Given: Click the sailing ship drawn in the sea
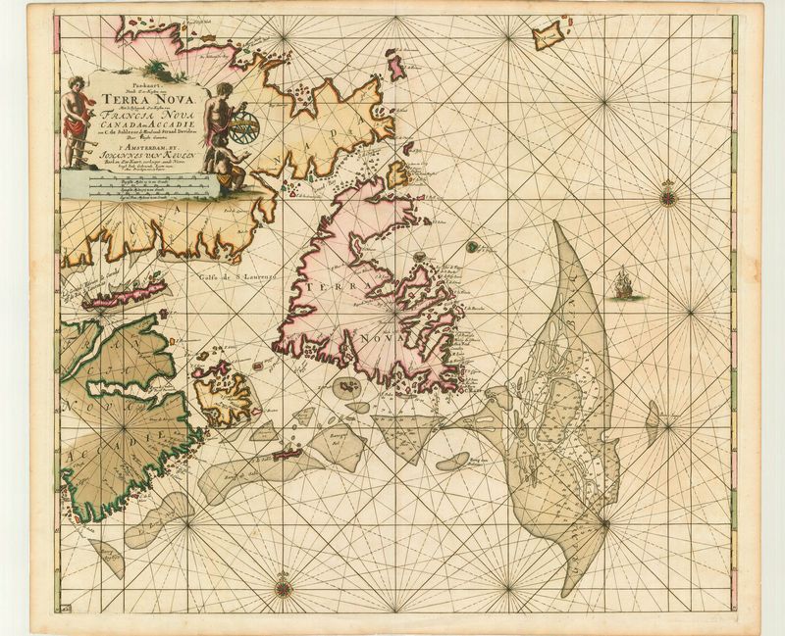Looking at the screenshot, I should [x=622, y=284].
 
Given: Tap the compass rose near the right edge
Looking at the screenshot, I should [x=668, y=193].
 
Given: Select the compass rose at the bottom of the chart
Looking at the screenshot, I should [x=285, y=588].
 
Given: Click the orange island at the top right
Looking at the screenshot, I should [x=549, y=35].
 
